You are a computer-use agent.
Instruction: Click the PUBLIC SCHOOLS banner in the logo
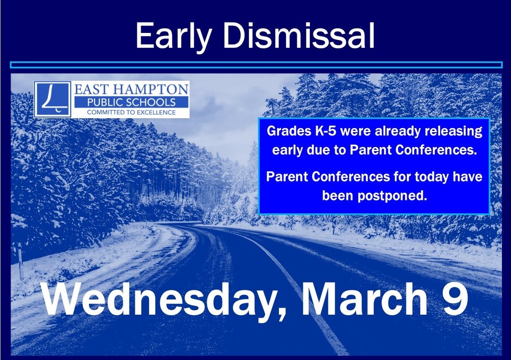click(x=131, y=102)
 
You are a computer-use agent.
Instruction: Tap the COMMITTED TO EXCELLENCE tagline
click(x=131, y=113)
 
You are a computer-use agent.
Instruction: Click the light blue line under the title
click(x=255, y=65)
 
